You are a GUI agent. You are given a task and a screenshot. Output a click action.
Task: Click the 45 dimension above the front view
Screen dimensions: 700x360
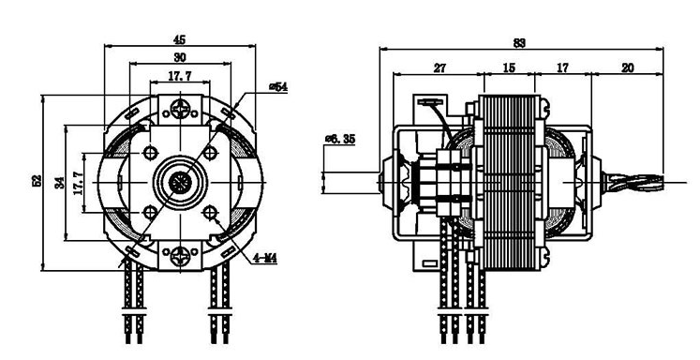tap(179, 39)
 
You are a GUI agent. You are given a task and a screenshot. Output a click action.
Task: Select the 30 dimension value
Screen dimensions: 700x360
tap(180, 57)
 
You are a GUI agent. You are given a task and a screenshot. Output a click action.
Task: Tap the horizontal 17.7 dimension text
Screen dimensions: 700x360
tap(180, 76)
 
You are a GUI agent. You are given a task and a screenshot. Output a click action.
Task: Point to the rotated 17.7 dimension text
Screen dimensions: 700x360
tap(79, 183)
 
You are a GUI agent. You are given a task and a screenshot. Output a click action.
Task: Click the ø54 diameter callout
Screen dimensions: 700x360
tap(278, 87)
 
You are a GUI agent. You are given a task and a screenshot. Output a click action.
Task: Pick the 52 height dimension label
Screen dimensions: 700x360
tap(37, 180)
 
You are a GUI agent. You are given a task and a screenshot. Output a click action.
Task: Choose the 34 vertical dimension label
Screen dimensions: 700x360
tap(60, 183)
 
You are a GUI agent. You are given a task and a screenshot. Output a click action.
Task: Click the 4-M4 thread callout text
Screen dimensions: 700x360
tap(265, 258)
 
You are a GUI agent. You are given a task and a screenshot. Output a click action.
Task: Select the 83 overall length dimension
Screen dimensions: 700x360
tap(519, 43)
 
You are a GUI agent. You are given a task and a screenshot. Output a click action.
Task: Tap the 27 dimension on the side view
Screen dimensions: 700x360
tap(439, 67)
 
